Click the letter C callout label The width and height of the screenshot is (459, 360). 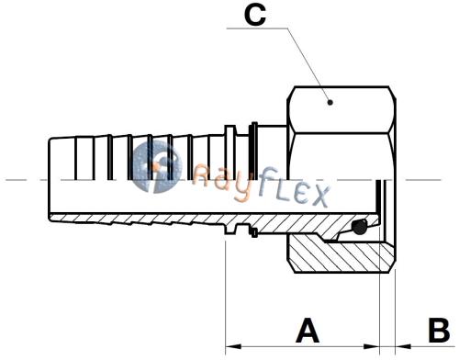[255, 15]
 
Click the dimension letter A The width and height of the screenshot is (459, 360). [308, 331]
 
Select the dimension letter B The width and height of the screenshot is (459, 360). [439, 331]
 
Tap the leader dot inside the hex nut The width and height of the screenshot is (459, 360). [330, 102]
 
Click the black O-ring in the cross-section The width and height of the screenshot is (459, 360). [359, 227]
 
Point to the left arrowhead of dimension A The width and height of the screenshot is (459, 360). [233, 346]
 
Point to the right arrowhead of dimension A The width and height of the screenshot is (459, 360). [371, 346]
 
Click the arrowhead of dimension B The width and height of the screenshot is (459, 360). [403, 346]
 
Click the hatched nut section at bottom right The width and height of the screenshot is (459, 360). [341, 253]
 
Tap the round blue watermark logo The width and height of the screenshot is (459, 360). [157, 167]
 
